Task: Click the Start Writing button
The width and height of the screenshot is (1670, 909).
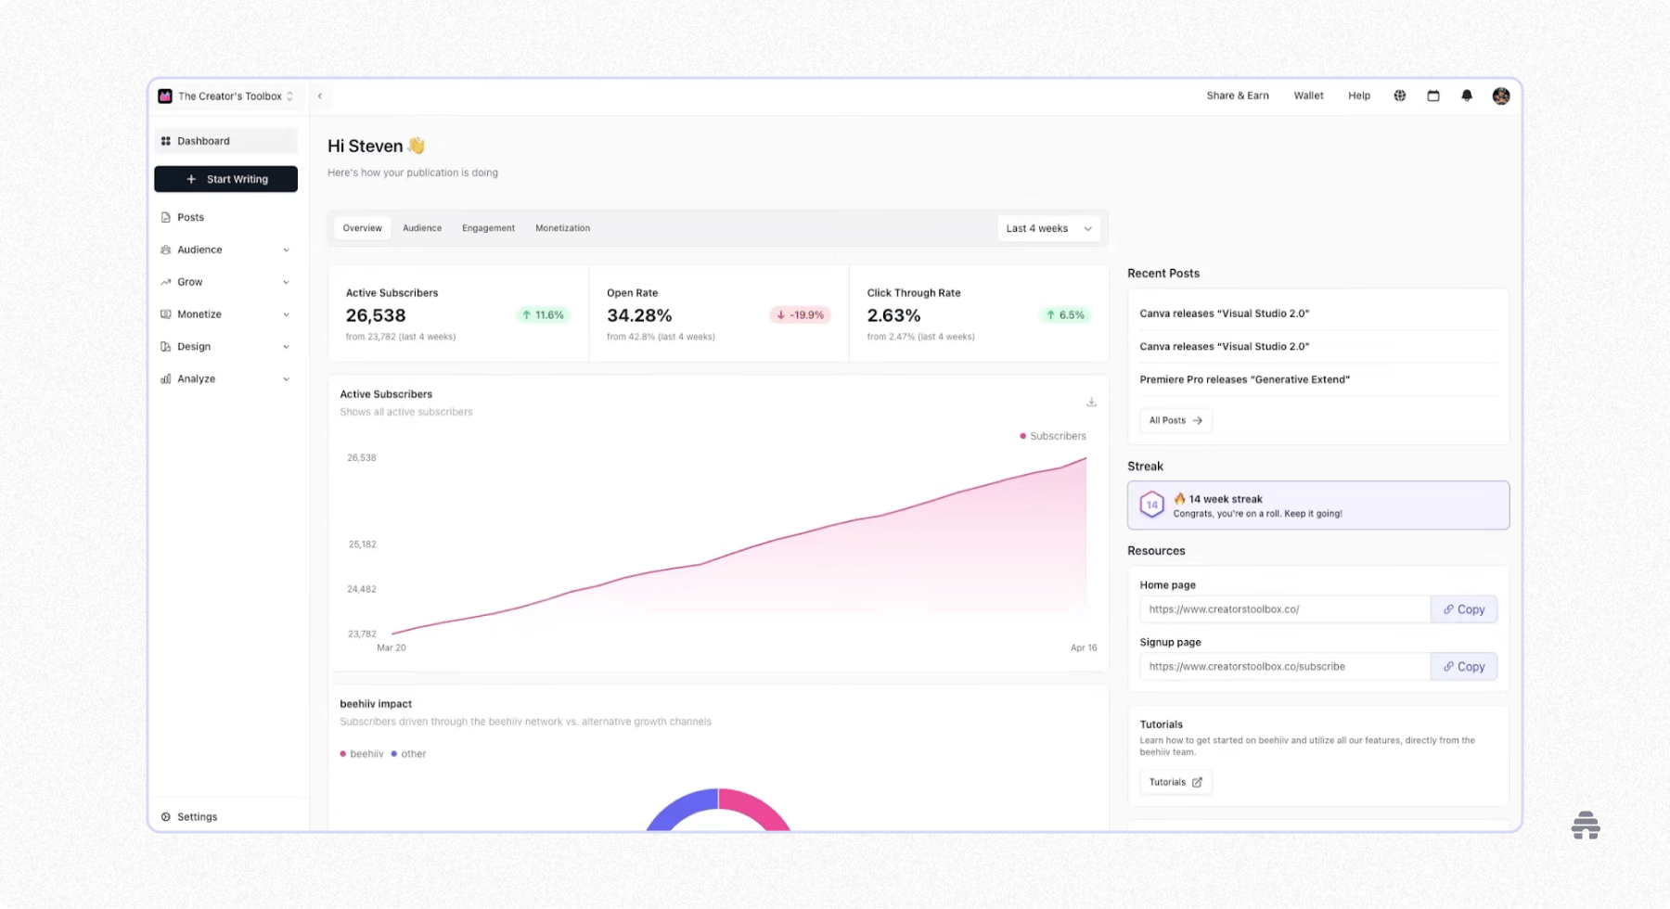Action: coord(226,179)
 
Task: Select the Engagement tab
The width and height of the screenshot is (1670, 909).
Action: coord(488,228)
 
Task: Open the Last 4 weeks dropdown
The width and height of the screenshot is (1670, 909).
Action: coord(1048,228)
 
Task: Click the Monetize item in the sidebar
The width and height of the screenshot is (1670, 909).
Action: coord(199,314)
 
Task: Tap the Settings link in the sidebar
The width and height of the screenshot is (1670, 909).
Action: coord(197,817)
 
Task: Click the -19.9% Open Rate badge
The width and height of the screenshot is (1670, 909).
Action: coord(800,315)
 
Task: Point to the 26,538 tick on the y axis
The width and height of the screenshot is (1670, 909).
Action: coord(362,458)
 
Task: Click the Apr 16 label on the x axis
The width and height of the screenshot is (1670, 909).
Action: coord(1084,648)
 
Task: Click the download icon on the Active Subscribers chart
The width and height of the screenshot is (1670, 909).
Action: coord(1091,403)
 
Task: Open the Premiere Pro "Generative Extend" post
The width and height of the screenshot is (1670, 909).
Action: coord(1244,379)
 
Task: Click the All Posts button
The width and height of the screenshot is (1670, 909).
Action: coord(1175,420)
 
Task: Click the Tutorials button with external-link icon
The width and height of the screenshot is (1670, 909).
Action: coord(1175,782)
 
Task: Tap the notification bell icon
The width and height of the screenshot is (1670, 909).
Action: coord(1467,96)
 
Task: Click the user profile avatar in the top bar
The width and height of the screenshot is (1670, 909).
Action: coord(1501,96)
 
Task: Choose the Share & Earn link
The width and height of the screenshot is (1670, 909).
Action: coord(1238,96)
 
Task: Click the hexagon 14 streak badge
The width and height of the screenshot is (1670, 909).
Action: coord(1151,505)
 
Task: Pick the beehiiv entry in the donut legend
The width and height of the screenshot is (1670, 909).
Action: coord(362,754)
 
